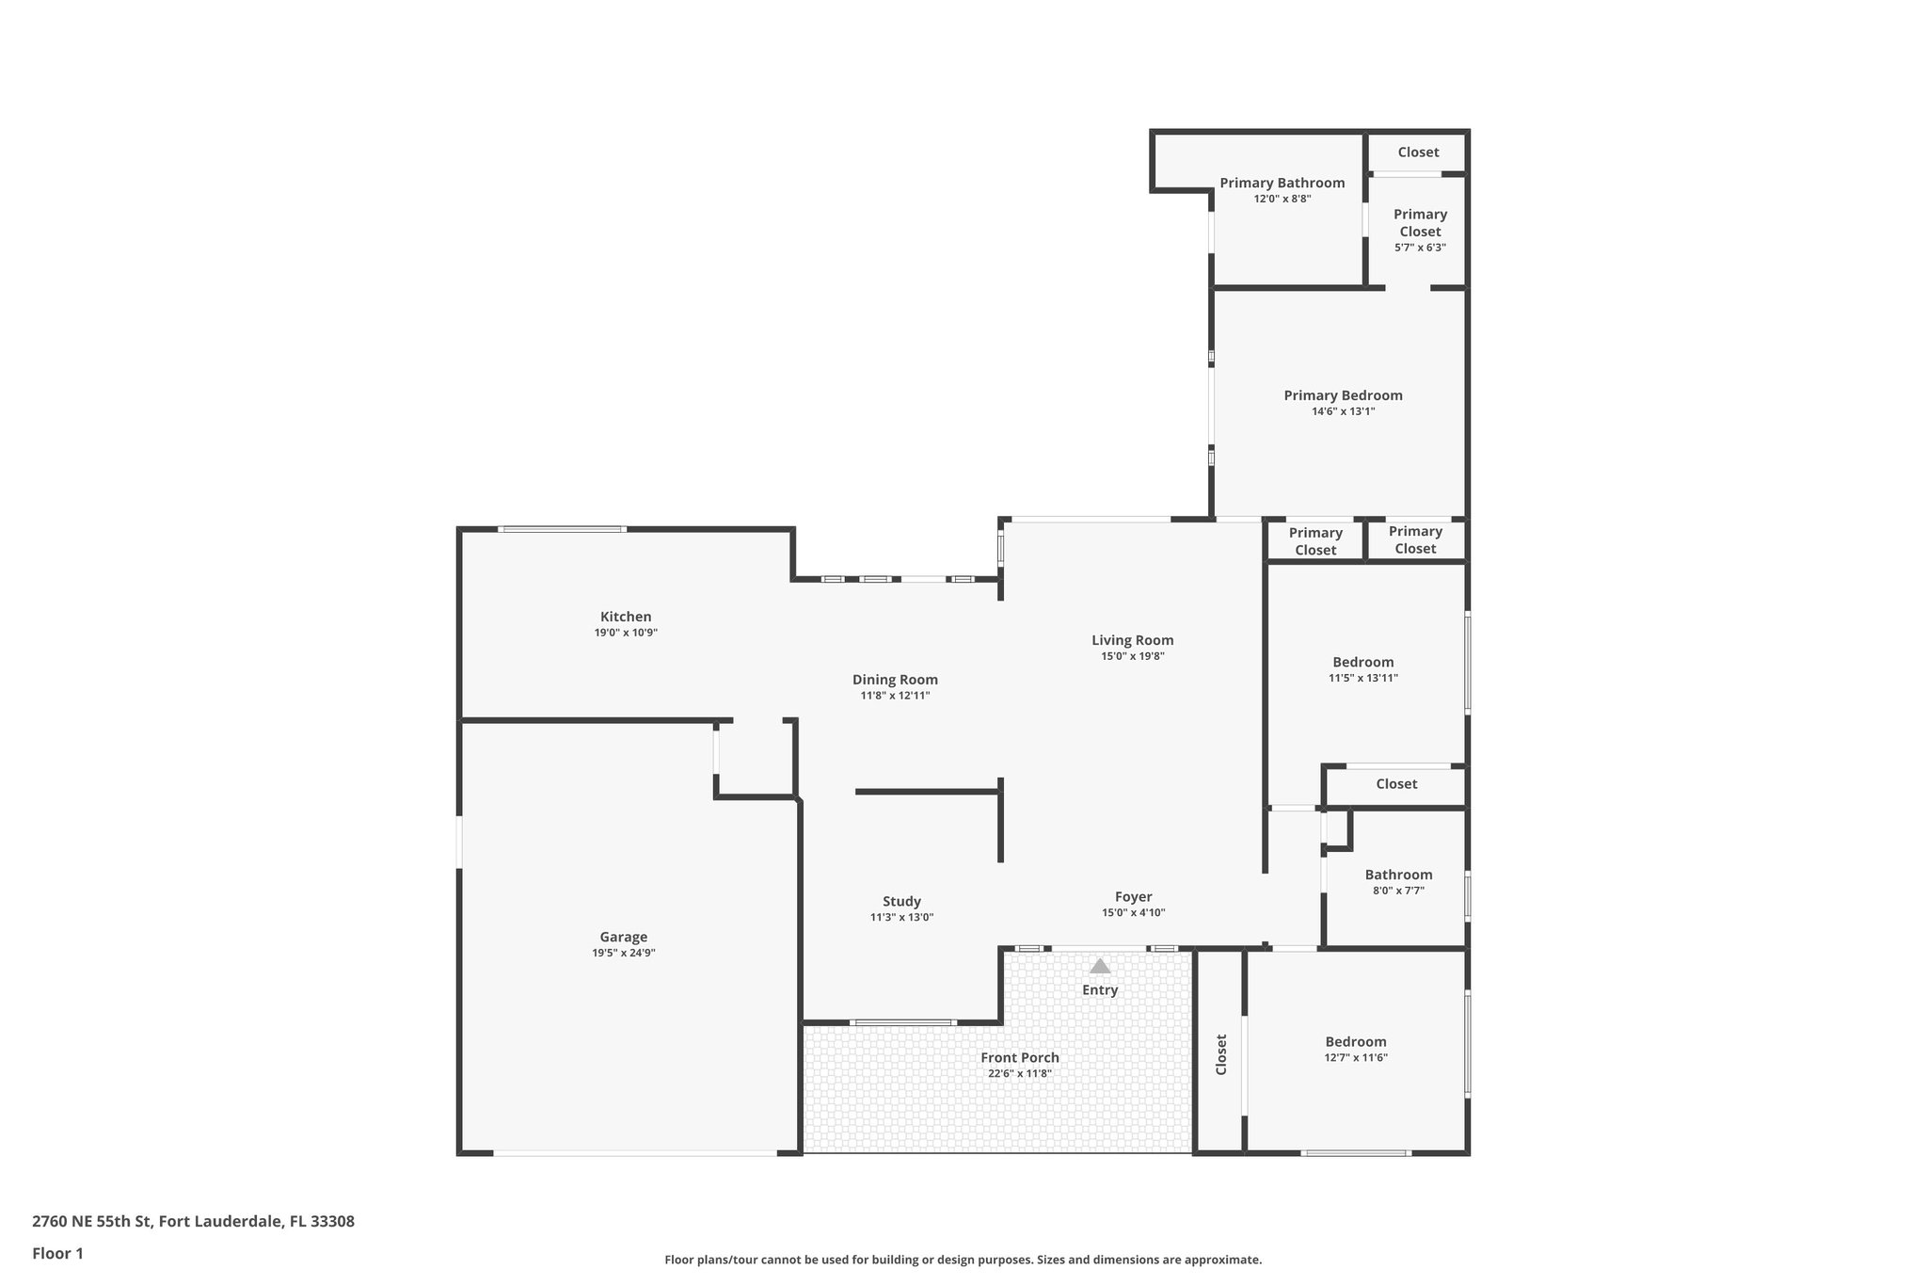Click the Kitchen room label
pos(626,617)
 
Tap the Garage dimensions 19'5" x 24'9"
pos(623,953)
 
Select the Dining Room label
pos(895,680)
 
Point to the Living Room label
pos(1132,640)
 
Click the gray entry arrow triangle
pos(1099,966)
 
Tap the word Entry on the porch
pos(1099,989)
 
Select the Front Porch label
pos(1019,1057)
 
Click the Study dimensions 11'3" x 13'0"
pos(901,917)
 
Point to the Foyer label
pos(1133,896)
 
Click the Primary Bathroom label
pos(1282,183)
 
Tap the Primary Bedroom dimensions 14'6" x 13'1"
pos(1343,411)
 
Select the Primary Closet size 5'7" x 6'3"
pos(1419,248)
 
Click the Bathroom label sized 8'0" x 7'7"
pos(1398,875)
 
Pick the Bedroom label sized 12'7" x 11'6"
pos(1355,1041)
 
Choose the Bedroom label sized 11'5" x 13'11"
pos(1362,662)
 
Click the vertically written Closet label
pos(1221,1054)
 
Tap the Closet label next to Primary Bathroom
pos(1417,152)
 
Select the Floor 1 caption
pos(57,1253)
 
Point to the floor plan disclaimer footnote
pos(963,1260)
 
